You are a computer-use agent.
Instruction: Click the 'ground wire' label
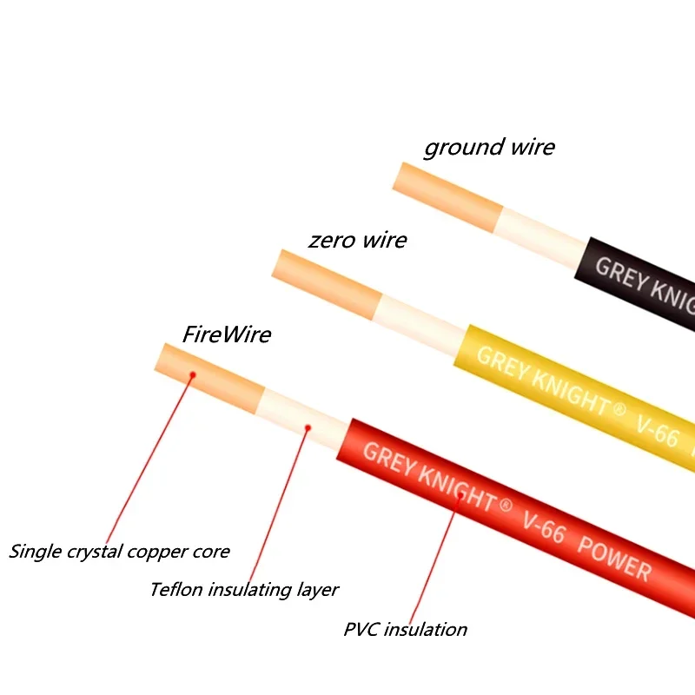tap(489, 148)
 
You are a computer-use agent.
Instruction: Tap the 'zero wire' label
tap(357, 240)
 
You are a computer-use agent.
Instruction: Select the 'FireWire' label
tap(227, 334)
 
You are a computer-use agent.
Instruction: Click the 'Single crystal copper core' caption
tap(120, 551)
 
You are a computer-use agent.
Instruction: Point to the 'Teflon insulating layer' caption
tap(244, 589)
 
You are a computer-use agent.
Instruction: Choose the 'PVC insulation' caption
tap(406, 629)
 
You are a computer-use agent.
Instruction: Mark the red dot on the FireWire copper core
tap(193, 374)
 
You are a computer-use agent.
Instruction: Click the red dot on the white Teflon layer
tap(308, 427)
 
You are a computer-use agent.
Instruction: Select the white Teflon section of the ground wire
tap(543, 232)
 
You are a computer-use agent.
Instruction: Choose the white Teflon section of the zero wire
tap(420, 323)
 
